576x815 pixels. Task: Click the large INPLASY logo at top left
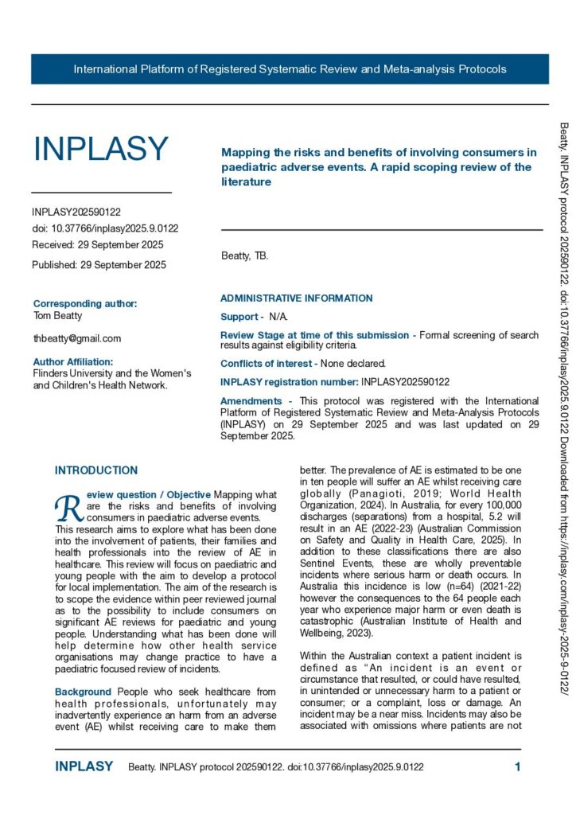click(100, 149)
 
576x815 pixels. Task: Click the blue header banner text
click(290, 69)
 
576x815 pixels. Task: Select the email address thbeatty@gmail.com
click(77, 338)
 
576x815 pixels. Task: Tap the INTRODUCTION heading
click(96, 470)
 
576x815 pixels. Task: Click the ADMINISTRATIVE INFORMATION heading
click(296, 298)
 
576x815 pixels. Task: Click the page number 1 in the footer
click(517, 767)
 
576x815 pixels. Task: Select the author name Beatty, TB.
click(244, 255)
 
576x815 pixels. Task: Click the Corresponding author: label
click(85, 303)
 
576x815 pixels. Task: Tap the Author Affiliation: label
click(79, 361)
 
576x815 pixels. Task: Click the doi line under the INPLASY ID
click(105, 228)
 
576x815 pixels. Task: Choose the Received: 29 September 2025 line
click(98, 244)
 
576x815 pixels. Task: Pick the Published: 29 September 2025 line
click(99, 264)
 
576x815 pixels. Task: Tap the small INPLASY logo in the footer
click(84, 767)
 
